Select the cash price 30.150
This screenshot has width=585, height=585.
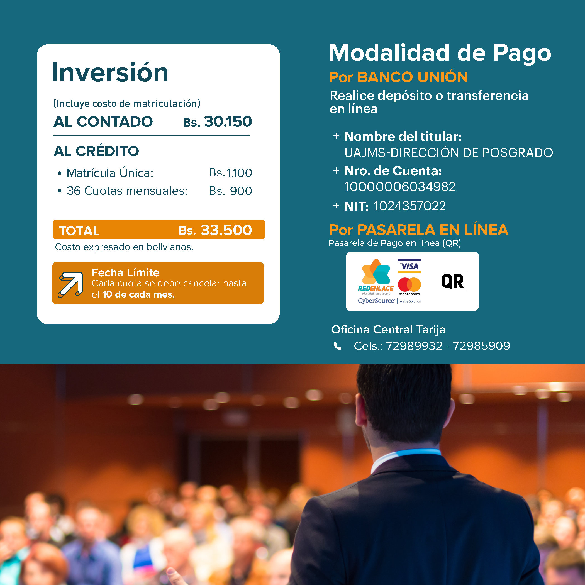click(x=228, y=121)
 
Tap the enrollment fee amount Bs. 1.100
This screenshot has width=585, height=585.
click(x=230, y=173)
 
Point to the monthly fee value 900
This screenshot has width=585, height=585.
click(x=241, y=191)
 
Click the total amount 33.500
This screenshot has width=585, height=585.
click(x=226, y=230)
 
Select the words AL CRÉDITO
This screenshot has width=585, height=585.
click(x=96, y=151)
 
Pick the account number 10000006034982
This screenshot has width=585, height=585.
click(x=400, y=187)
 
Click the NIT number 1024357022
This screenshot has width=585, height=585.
click(x=410, y=206)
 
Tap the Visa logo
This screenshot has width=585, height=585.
click(x=409, y=266)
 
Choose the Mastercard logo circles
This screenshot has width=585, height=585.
click(x=409, y=285)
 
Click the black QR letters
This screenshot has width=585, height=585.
click(x=452, y=281)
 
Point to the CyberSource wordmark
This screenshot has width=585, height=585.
click(x=376, y=301)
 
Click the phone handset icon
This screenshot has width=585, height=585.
click(x=337, y=346)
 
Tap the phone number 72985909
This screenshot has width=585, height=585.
click(x=481, y=346)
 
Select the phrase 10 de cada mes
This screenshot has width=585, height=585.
click(x=138, y=294)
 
